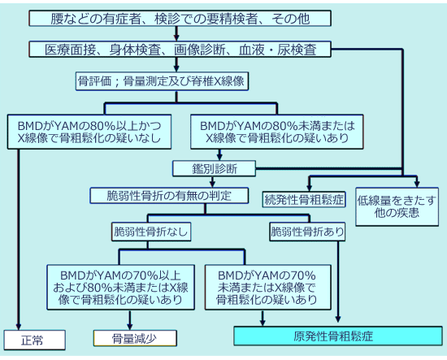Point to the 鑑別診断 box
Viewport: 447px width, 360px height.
(x=215, y=168)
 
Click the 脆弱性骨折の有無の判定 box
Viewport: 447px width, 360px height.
(x=163, y=195)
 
